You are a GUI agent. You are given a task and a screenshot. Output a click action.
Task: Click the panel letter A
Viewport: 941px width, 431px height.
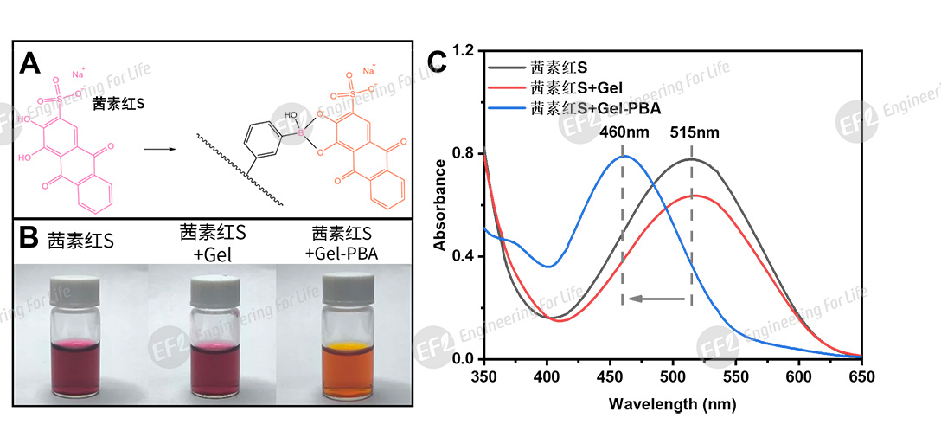pos(30,63)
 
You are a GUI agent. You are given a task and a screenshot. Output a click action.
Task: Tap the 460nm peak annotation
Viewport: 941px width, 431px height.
pos(623,134)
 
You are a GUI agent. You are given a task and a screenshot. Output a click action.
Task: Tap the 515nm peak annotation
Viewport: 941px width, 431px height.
pos(694,134)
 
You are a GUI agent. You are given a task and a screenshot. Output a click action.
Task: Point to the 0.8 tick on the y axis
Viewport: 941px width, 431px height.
pos(469,154)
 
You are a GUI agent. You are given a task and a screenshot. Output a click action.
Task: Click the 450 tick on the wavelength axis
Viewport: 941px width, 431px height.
pos(610,376)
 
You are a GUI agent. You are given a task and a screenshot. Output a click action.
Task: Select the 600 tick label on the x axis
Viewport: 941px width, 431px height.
pos(799,376)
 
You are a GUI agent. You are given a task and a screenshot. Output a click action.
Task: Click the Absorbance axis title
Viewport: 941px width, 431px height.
pos(440,204)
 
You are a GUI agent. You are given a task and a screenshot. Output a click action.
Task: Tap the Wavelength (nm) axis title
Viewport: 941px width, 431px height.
pos(673,403)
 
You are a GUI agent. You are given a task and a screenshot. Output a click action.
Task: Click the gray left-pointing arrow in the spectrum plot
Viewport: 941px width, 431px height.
pos(657,299)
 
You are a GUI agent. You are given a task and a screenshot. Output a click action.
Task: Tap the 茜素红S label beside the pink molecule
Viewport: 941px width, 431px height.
pos(118,102)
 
